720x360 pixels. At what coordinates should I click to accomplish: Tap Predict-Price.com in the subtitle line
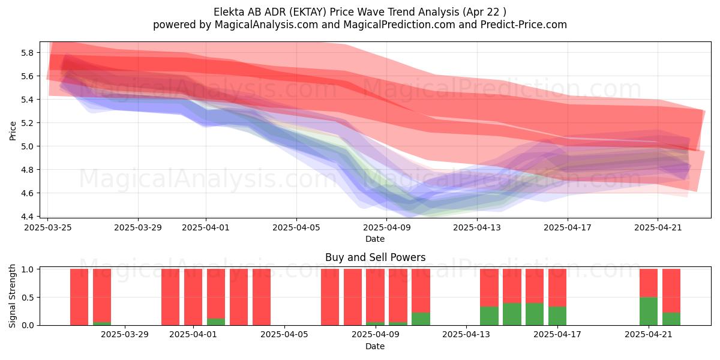[x=524, y=25]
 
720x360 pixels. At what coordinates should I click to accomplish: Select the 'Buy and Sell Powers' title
[x=375, y=257]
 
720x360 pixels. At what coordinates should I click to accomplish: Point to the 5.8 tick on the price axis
[x=28, y=53]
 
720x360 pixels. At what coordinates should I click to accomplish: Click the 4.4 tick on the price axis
[x=28, y=217]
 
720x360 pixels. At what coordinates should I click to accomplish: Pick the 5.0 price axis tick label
[x=28, y=146]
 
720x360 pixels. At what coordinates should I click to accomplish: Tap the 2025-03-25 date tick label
[x=48, y=227]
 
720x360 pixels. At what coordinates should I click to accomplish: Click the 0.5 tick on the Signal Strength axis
[x=28, y=298]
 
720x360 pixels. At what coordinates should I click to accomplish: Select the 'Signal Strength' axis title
[x=12, y=296]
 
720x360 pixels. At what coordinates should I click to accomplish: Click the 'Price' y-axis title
[x=13, y=131]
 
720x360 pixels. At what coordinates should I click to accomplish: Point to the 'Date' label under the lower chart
[x=375, y=346]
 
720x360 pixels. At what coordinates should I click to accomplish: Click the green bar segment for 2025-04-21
[x=649, y=311]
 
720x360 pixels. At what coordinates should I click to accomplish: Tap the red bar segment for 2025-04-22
[x=671, y=290]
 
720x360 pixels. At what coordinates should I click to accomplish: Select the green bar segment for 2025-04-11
[x=421, y=319]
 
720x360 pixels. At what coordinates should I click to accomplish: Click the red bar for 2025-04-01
[x=193, y=297]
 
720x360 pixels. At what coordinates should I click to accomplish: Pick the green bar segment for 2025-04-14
[x=489, y=316]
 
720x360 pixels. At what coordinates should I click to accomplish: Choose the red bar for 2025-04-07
[x=330, y=297]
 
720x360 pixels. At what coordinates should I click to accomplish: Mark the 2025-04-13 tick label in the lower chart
[x=466, y=335]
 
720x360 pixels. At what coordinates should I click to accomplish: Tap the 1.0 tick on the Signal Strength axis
[x=28, y=269]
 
